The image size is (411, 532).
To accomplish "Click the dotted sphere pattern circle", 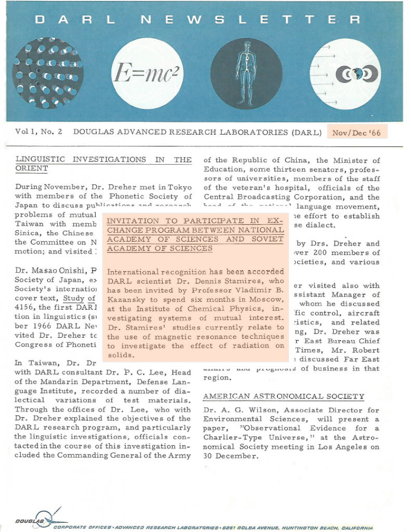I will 47,72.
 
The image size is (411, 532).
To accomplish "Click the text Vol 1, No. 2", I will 38,132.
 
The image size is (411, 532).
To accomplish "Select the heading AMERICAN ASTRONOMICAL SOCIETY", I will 284,396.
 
